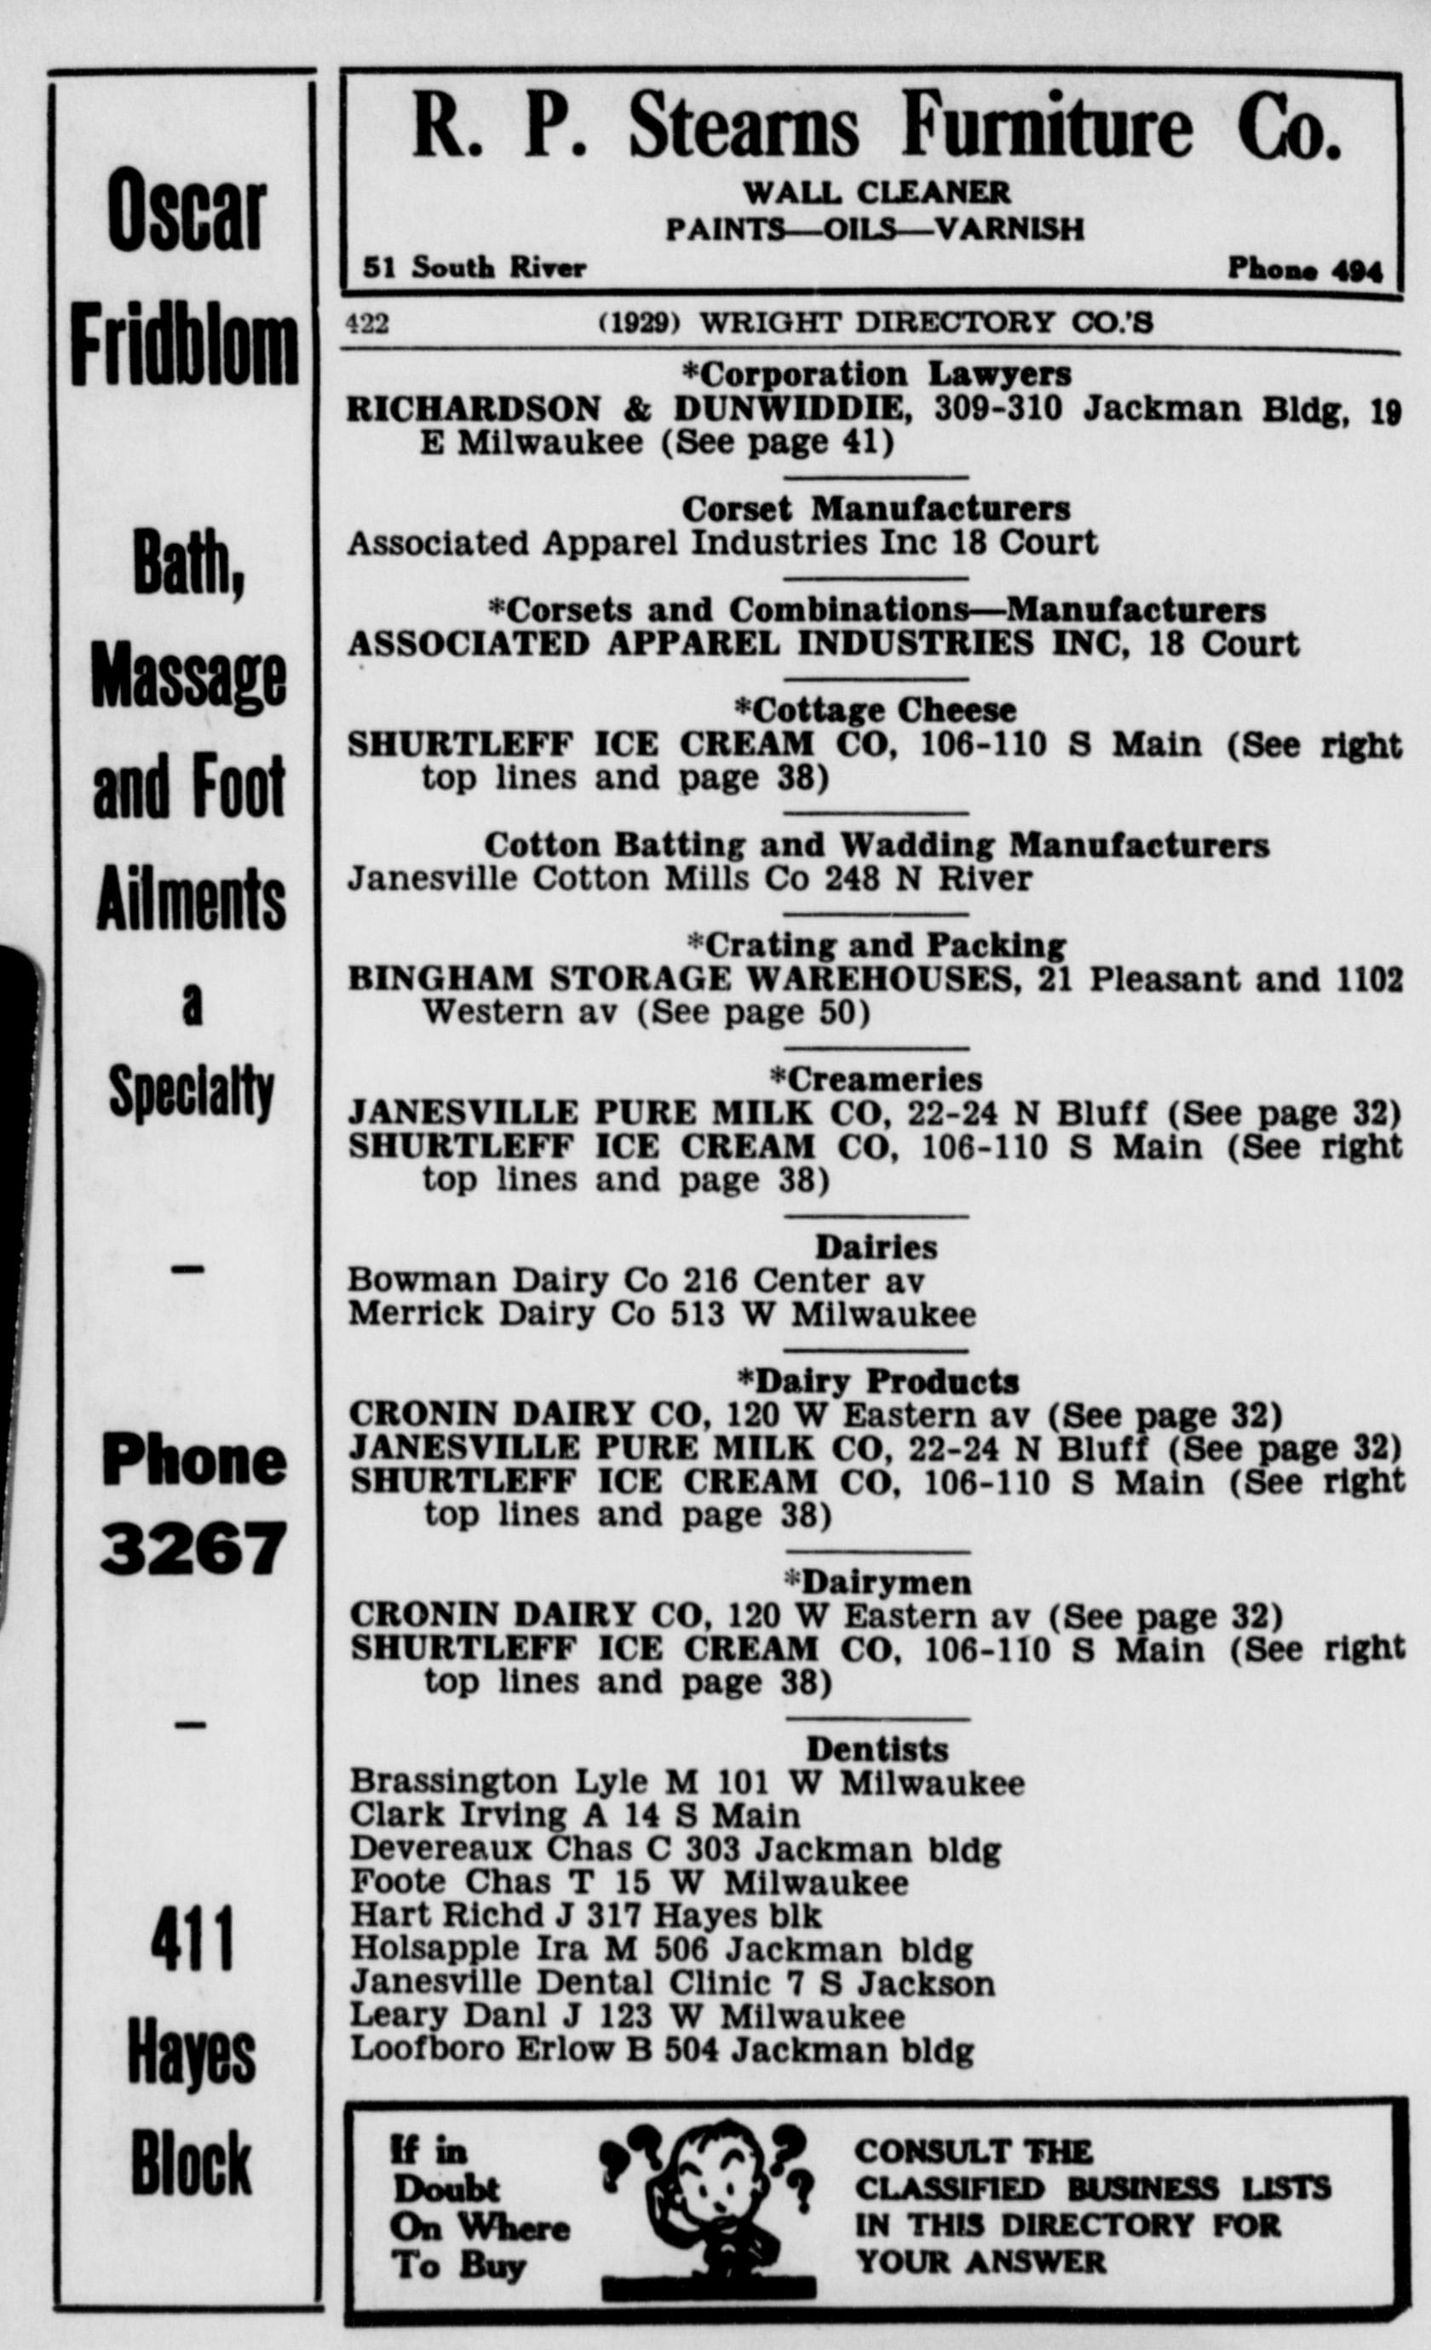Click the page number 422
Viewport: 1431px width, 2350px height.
tap(366, 324)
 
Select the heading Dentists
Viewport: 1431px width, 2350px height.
tap(876, 1748)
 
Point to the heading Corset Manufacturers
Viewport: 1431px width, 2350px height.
tap(876, 508)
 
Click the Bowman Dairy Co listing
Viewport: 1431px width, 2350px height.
tap(635, 1280)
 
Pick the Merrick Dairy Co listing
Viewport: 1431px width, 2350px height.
tap(661, 1315)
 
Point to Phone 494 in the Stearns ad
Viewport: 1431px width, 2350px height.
tap(1304, 270)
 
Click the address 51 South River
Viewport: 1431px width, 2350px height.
tap(474, 268)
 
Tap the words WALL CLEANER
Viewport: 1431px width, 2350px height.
tap(876, 192)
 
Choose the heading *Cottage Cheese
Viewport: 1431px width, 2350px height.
tap(875, 709)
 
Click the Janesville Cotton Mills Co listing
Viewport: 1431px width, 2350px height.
tap(689, 879)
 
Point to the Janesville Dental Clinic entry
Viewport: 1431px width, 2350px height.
tap(671, 1983)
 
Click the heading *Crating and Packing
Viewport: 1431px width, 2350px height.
tap(876, 944)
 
